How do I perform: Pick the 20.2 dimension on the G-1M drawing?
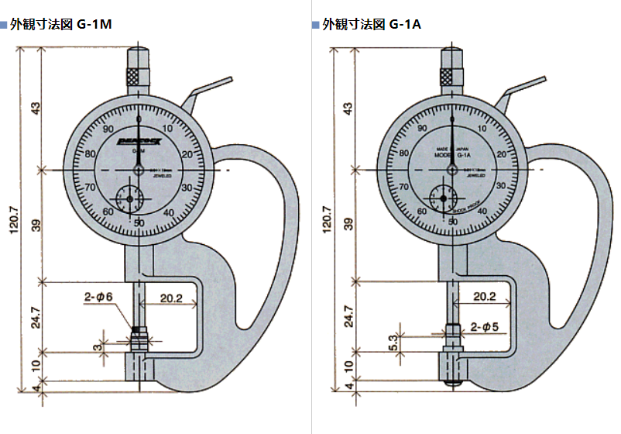[171, 298]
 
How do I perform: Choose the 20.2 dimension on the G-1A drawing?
[484, 297]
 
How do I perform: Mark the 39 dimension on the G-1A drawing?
[348, 224]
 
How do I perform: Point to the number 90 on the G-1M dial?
[108, 129]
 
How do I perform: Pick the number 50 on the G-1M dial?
[139, 223]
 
